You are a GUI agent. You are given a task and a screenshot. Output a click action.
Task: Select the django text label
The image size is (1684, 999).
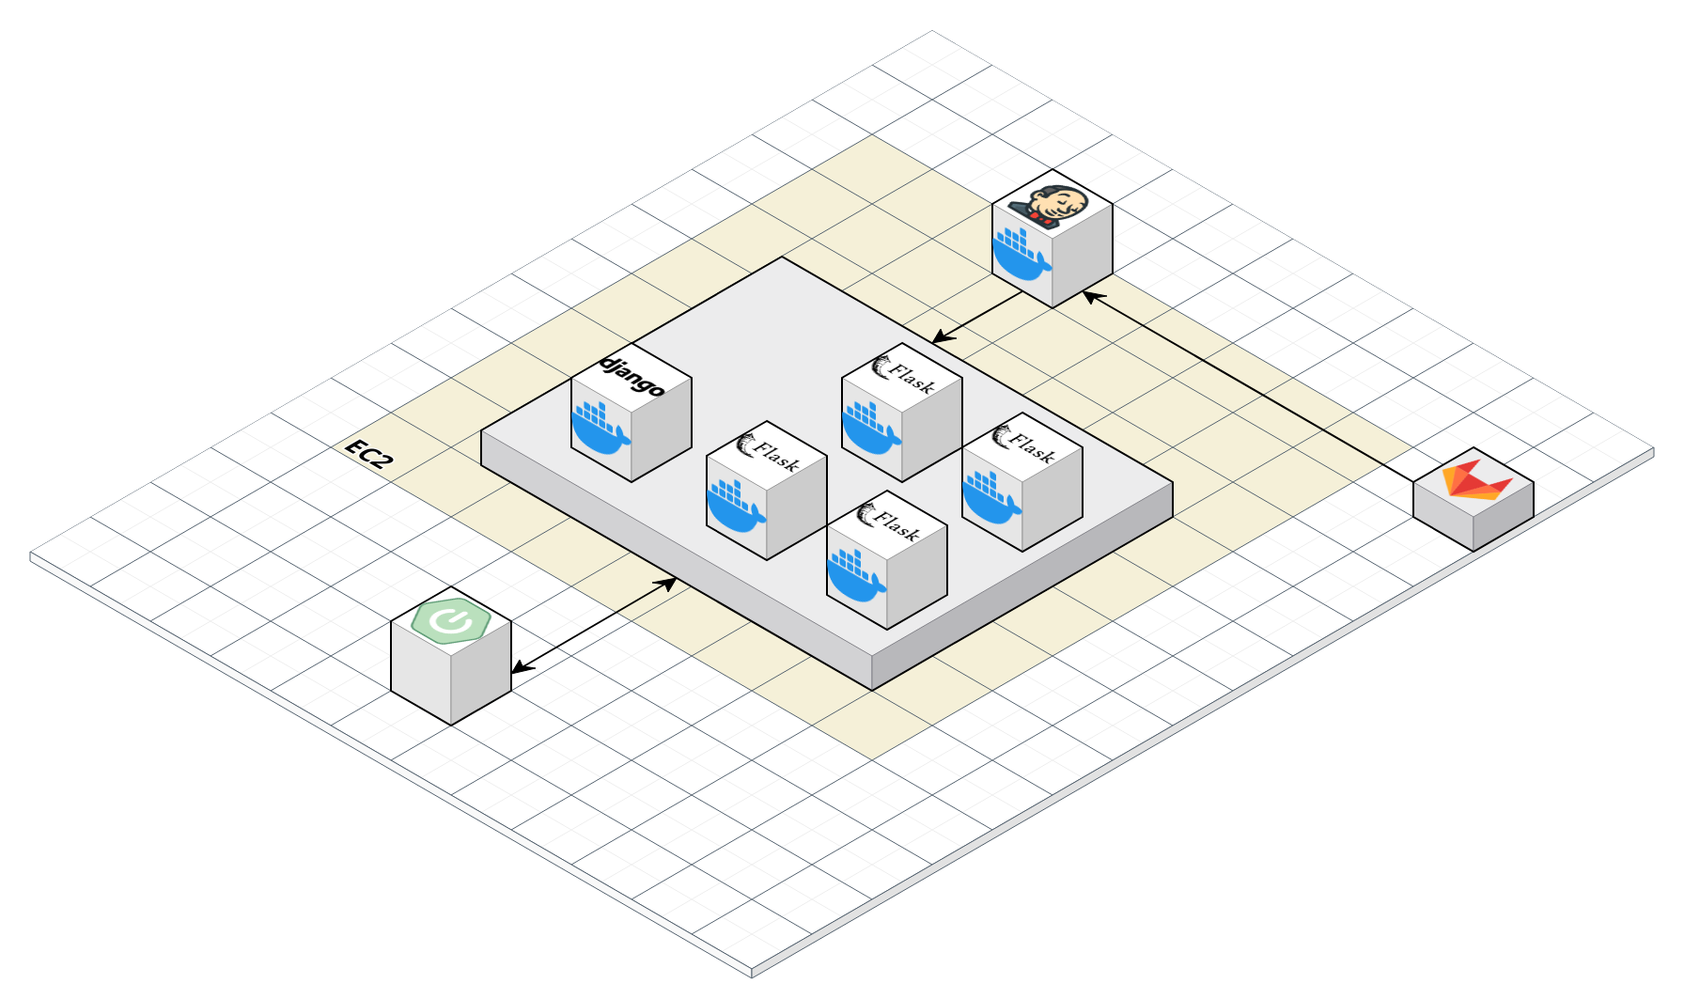click(632, 375)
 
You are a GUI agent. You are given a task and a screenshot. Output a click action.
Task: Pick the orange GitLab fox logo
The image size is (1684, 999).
click(1475, 478)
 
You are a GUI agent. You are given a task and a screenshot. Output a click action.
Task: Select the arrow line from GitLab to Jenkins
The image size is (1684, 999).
click(1250, 385)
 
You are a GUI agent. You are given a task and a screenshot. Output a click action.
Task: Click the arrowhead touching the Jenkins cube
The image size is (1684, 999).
click(1088, 296)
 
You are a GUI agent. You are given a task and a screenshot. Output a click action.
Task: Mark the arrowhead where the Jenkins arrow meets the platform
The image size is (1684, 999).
click(939, 339)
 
